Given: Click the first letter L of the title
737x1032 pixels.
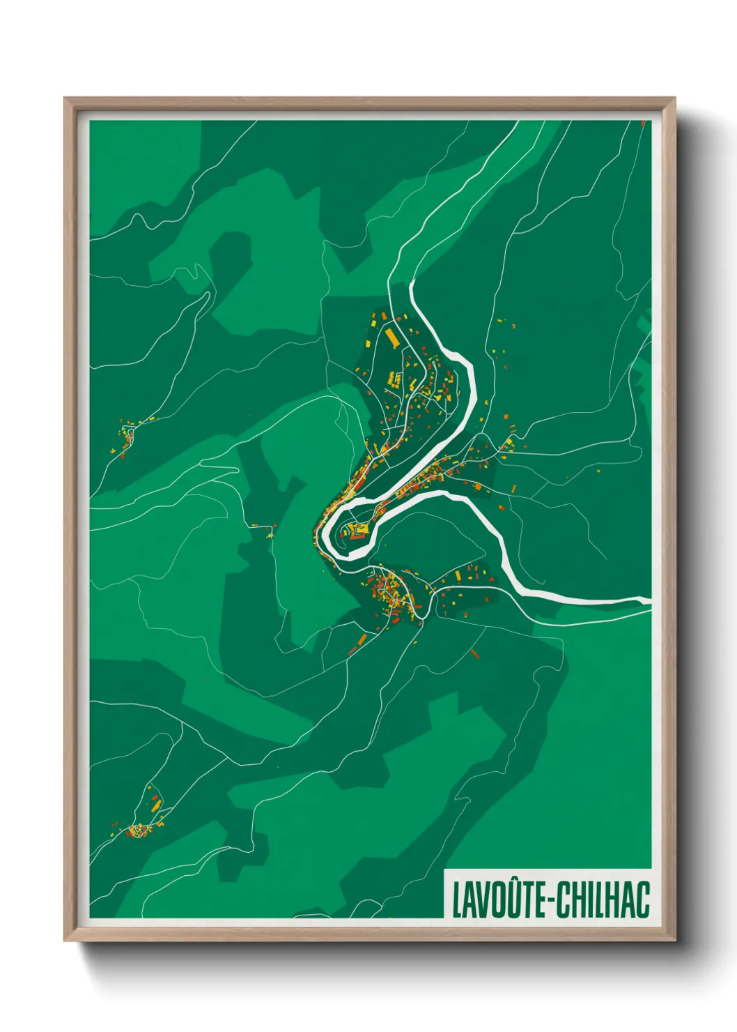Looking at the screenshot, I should (456, 900).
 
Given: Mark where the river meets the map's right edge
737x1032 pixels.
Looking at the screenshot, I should (648, 600).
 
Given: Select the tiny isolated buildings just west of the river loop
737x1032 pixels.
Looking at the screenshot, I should (265, 528).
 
